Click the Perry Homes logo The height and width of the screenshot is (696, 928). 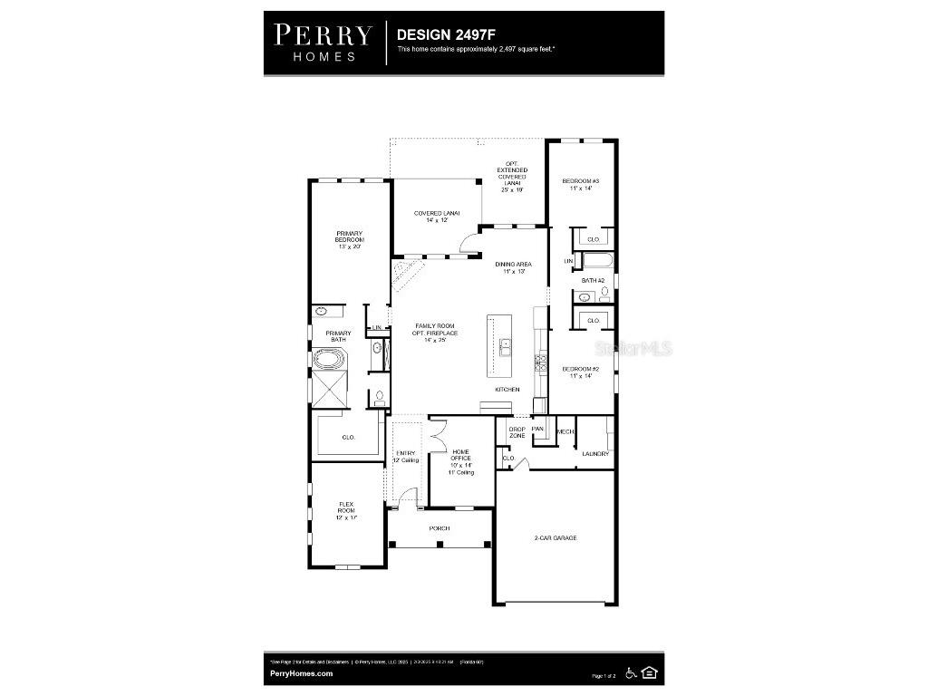pyautogui.click(x=324, y=43)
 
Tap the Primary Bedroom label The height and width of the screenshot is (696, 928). pyautogui.click(x=350, y=240)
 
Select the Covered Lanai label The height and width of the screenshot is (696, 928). pyautogui.click(x=437, y=217)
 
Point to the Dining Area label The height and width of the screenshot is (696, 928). pyautogui.click(x=513, y=267)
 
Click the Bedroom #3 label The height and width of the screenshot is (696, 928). pyautogui.click(x=580, y=185)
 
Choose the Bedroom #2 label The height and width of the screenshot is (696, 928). pyautogui.click(x=580, y=372)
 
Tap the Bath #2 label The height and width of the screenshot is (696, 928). pyautogui.click(x=593, y=281)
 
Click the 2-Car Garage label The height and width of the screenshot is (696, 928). pyautogui.click(x=555, y=538)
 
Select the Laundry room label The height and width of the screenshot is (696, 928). pyautogui.click(x=594, y=453)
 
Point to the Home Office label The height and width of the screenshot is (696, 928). pyautogui.click(x=461, y=461)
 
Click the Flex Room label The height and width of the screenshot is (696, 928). pyautogui.click(x=346, y=510)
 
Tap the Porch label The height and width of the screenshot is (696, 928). pyautogui.click(x=440, y=528)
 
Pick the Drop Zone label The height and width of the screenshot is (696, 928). pyautogui.click(x=517, y=432)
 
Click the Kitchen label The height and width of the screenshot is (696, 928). pyautogui.click(x=507, y=390)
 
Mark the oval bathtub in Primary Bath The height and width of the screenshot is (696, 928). pyautogui.click(x=331, y=359)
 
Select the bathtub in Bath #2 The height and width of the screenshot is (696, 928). pyautogui.click(x=596, y=262)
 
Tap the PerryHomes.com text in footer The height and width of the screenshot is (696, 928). pyautogui.click(x=302, y=673)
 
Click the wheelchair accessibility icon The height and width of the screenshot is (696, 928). pyautogui.click(x=631, y=672)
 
